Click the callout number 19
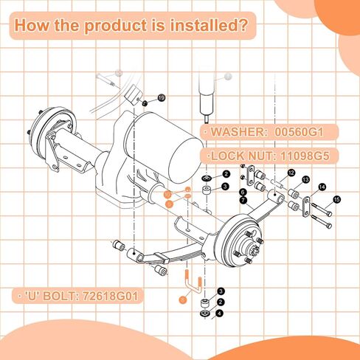coord(161,97)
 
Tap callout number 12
coord(292,172)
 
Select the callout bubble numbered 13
coord(305,179)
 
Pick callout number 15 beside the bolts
coord(336,199)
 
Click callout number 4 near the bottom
coord(218,313)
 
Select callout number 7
coord(243,200)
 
